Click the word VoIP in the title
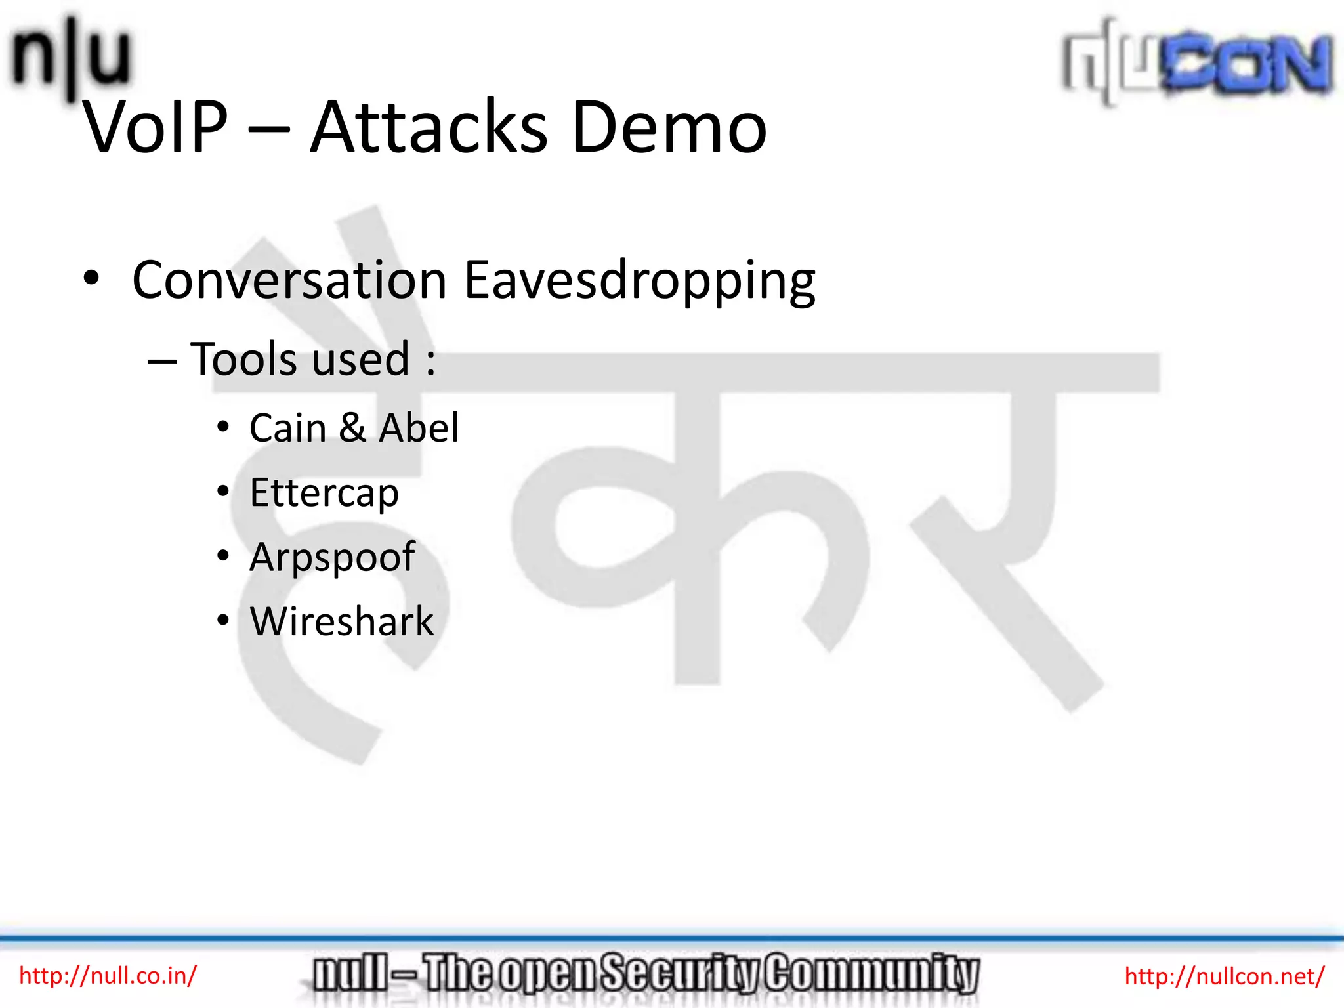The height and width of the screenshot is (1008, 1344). tap(156, 127)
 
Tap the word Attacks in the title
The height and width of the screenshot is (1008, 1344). tap(428, 127)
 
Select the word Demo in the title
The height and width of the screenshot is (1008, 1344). tap(669, 127)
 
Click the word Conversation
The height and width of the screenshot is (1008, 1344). tap(289, 280)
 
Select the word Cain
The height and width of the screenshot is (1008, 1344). tap(287, 429)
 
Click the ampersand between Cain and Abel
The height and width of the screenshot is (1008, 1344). tap(352, 429)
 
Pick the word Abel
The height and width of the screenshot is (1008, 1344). tap(419, 429)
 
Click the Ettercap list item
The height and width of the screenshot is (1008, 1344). tap(324, 493)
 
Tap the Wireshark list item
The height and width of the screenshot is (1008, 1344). tap(342, 621)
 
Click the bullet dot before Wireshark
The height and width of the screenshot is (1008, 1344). tap(223, 620)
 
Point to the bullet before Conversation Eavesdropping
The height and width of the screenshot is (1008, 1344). tap(91, 278)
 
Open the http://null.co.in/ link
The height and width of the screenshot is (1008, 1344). tap(108, 976)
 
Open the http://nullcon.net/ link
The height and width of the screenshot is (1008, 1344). tap(1225, 976)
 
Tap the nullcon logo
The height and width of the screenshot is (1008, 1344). tap(1197, 62)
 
